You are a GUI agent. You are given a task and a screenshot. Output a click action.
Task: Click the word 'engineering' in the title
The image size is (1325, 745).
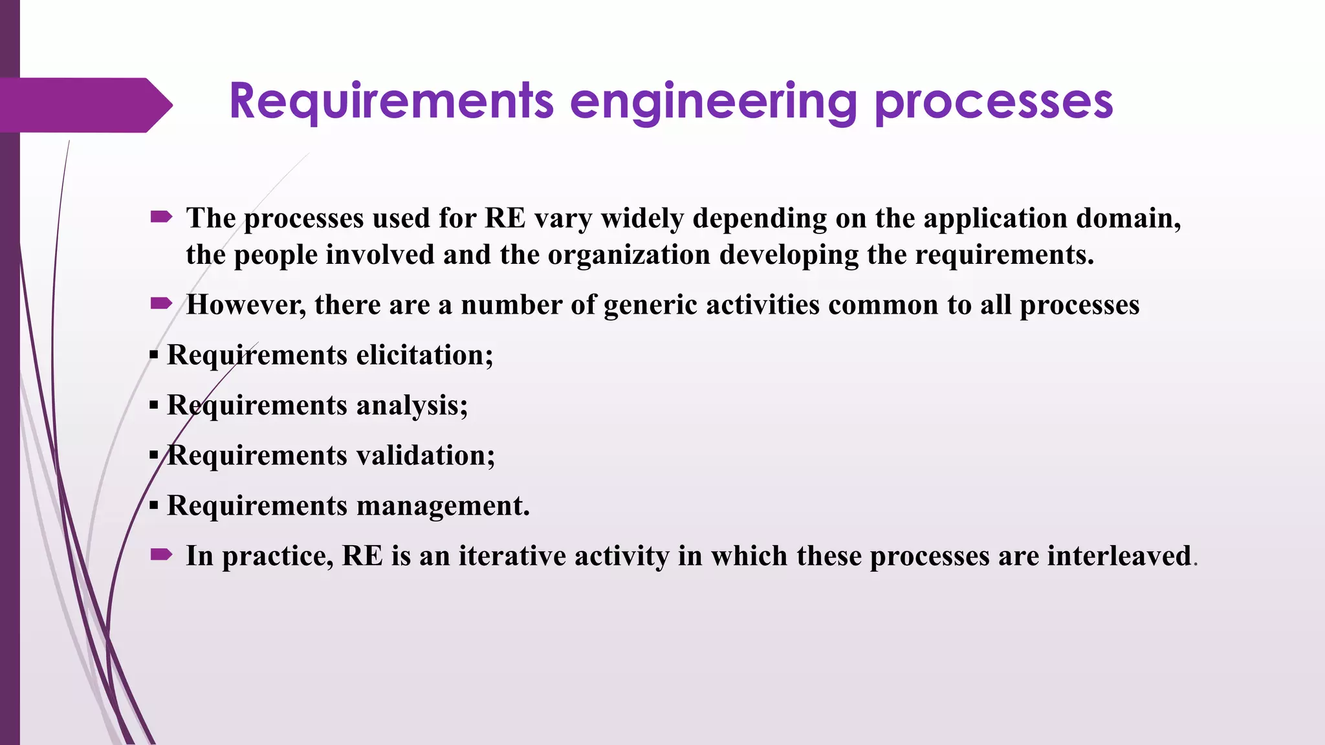pos(713,102)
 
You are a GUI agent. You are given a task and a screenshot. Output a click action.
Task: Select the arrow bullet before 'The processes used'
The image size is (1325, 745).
pos(161,217)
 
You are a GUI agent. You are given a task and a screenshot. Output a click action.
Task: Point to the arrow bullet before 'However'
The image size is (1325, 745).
pos(161,303)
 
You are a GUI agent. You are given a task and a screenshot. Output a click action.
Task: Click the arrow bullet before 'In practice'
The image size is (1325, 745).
pos(161,554)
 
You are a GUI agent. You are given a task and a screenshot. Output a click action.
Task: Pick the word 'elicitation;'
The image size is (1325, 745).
pos(424,355)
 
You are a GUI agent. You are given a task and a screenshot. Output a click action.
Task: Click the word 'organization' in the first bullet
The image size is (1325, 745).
pos(629,255)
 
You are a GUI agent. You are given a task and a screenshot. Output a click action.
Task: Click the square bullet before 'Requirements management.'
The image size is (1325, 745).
pos(153,506)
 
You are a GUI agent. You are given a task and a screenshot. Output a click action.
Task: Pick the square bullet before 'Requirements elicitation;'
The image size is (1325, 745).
pos(153,355)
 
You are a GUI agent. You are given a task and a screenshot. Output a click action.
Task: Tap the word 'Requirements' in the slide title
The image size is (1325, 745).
pos(391,102)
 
